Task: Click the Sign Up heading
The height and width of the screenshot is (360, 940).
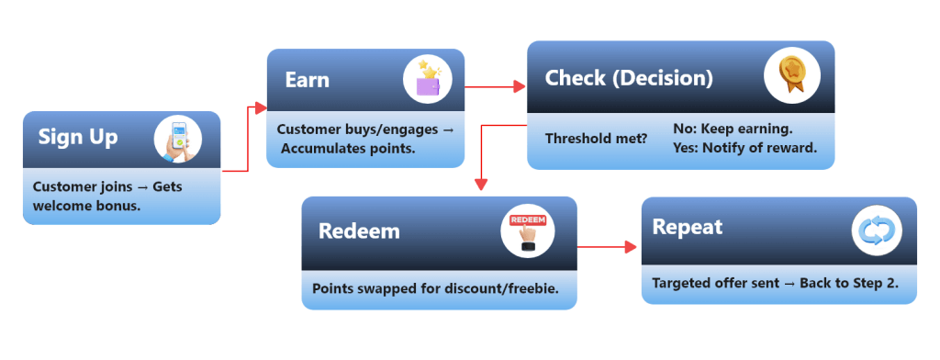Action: coord(78,138)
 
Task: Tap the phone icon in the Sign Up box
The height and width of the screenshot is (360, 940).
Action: coord(177,140)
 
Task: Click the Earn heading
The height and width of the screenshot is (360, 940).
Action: coord(308,80)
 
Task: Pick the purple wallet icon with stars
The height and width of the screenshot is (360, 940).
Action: coord(428,80)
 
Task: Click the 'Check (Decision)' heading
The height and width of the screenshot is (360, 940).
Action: coord(629,78)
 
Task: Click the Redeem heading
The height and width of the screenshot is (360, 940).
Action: coord(359,231)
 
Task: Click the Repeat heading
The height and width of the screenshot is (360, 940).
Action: coord(688,227)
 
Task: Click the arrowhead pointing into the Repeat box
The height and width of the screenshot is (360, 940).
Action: coord(631,247)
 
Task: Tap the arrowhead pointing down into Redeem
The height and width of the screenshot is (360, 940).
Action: coord(480,185)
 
